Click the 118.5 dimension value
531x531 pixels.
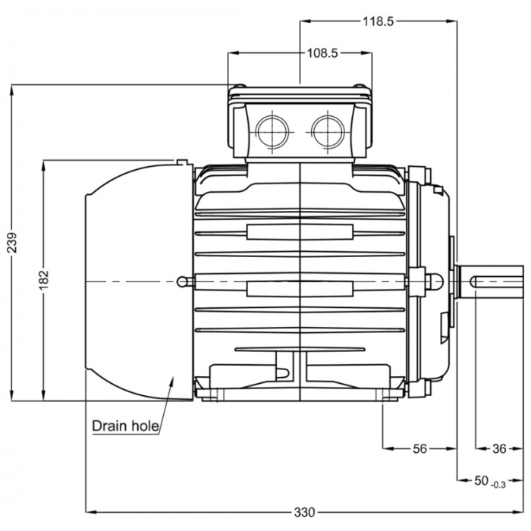point(378,21)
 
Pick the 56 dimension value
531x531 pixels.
point(420,448)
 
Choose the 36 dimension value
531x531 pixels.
point(498,448)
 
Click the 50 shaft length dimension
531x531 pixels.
point(481,480)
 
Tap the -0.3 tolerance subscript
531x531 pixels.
point(498,483)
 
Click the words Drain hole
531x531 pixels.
point(125,426)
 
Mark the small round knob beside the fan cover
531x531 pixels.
point(184,281)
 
